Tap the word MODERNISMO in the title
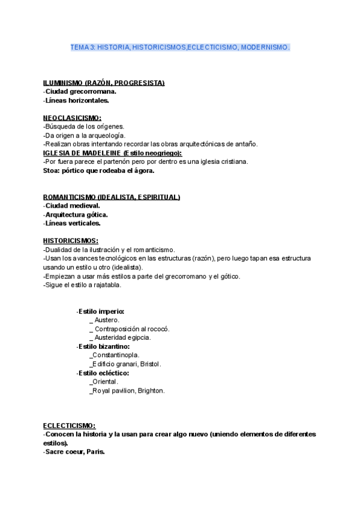(x=265, y=47)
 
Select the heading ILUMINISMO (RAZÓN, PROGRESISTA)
(x=104, y=83)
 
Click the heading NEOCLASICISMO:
(x=72, y=118)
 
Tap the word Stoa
(x=51, y=170)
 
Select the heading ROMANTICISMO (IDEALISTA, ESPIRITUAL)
(x=112, y=197)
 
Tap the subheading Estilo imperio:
(x=101, y=312)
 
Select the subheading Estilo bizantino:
(x=104, y=346)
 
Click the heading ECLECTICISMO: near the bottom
(x=69, y=425)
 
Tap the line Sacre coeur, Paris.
(x=74, y=451)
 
